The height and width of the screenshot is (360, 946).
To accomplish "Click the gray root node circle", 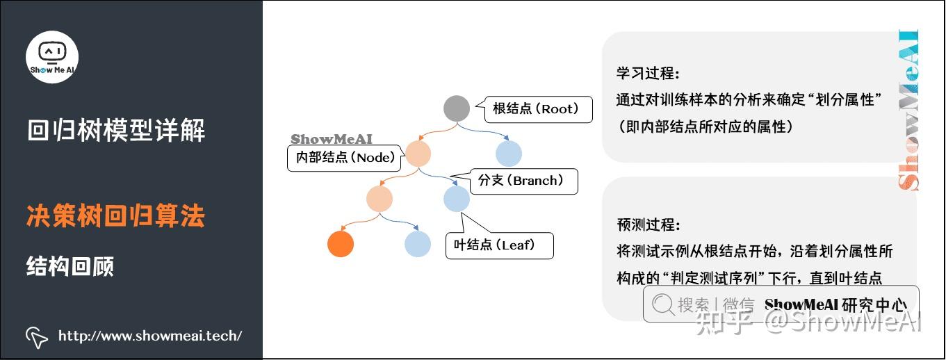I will (x=457, y=108).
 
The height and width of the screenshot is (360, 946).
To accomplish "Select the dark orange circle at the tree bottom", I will (x=341, y=244).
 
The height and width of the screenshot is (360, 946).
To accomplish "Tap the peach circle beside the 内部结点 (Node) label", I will (x=418, y=153).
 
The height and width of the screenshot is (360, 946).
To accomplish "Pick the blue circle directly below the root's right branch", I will (x=509, y=153).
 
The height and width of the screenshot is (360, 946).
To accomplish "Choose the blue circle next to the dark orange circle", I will (x=418, y=244).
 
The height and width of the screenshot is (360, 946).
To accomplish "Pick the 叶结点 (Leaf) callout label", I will (x=498, y=245).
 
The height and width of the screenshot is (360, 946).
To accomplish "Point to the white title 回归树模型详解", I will (x=116, y=131).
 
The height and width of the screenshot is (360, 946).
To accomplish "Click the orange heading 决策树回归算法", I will (x=115, y=217).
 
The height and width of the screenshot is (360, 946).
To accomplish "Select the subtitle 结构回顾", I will (x=70, y=266).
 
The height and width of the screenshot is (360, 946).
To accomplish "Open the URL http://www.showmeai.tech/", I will (x=150, y=336).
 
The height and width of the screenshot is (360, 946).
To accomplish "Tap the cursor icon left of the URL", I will (x=36, y=337).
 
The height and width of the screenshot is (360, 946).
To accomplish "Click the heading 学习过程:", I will (x=648, y=74).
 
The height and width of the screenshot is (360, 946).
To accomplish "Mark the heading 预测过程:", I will (x=648, y=225).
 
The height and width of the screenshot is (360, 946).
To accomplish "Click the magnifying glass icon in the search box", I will (x=663, y=304).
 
